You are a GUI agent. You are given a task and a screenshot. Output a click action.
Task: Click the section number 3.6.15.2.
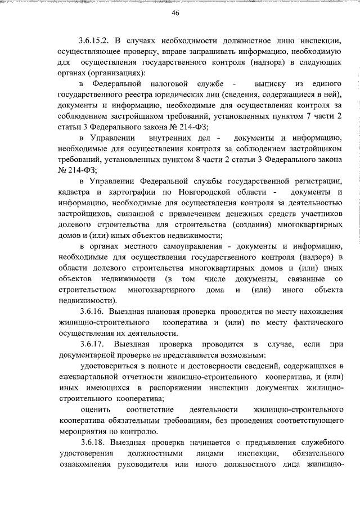pyautogui.click(x=96, y=41)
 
